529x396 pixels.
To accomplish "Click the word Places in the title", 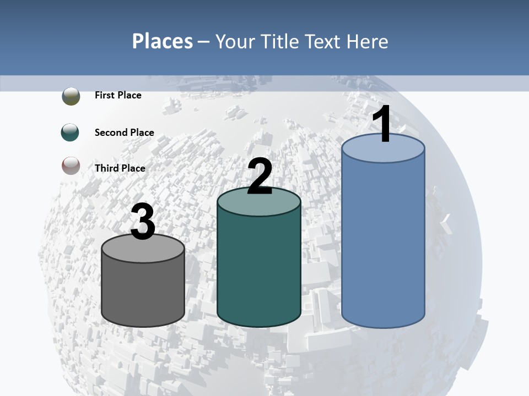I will click(x=163, y=41).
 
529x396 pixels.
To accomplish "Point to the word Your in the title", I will click(x=236, y=41).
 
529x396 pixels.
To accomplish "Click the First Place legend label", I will click(x=118, y=95).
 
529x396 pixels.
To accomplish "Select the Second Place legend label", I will click(x=124, y=132).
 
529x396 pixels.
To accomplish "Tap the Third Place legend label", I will click(x=120, y=168).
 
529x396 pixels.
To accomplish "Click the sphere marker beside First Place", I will click(x=71, y=96).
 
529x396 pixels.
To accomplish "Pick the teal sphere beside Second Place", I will click(x=71, y=133).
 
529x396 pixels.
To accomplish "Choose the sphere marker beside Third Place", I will click(x=71, y=166).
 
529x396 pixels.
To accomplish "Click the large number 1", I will click(x=382, y=125).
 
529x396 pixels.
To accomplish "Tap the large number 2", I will click(x=260, y=177).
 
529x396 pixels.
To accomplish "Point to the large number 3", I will click(x=143, y=222).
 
